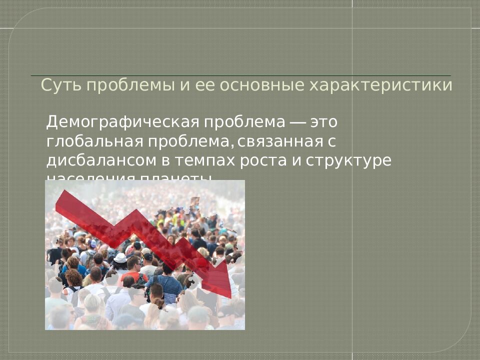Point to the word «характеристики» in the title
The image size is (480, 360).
[381, 85]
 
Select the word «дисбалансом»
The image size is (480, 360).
[98, 161]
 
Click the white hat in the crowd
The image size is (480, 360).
[120, 258]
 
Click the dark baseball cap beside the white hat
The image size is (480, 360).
[147, 256]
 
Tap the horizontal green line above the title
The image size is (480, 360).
[240, 75]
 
